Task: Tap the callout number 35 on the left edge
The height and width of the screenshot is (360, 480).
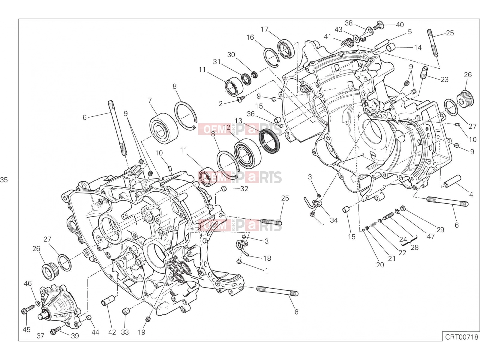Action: pos(4,180)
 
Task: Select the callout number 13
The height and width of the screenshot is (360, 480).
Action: pos(238,121)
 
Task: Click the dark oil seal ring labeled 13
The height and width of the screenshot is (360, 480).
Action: pos(269,141)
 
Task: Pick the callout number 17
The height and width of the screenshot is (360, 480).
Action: pos(264,29)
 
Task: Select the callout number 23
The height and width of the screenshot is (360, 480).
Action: pos(444,79)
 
